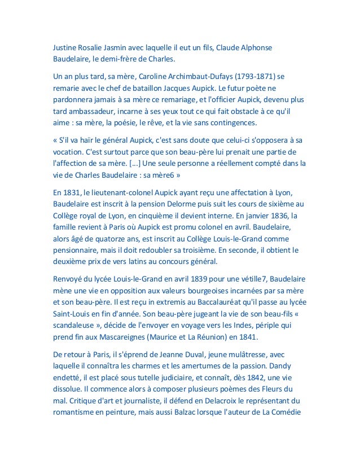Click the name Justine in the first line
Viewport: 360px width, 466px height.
[61, 46]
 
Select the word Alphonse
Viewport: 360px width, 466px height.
[260, 46]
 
